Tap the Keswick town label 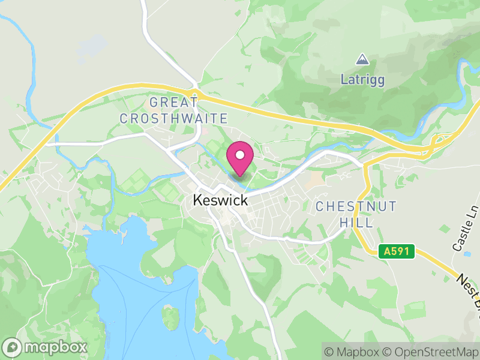tap(220, 200)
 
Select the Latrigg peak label tap(362, 79)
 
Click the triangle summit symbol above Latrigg tap(362, 59)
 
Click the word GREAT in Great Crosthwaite tap(174, 102)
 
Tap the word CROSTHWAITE tap(174, 118)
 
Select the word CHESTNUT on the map tap(356, 206)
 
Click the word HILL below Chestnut tap(356, 223)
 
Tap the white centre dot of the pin tap(240, 155)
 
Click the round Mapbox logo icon tap(13, 347)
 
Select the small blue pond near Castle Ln tap(467, 254)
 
